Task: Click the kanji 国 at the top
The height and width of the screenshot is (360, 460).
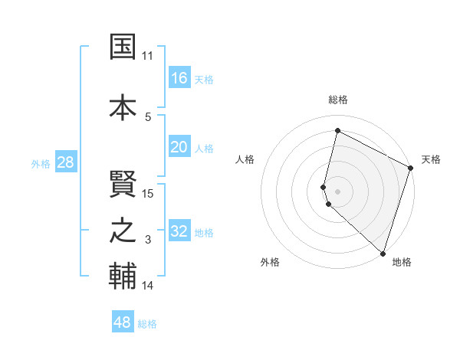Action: (123, 47)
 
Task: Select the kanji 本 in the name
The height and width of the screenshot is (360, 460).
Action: (123, 106)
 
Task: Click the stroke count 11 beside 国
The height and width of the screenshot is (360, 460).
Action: (148, 56)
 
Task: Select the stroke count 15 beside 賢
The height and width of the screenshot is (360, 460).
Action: (148, 194)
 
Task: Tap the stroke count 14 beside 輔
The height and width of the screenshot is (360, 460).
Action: (148, 286)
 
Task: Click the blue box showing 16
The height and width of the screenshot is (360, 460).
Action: (179, 78)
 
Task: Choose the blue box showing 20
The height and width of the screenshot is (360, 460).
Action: (179, 147)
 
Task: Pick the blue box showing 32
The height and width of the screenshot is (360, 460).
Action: (179, 231)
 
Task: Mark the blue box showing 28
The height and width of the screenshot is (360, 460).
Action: (64, 162)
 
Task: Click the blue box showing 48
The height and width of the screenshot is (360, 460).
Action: (123, 322)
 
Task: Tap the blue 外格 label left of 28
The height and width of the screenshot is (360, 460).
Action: (40, 163)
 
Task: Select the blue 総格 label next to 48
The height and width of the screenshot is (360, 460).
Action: (147, 324)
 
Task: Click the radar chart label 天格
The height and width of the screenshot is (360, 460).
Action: (431, 159)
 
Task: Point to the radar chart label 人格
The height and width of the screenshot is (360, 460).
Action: (245, 159)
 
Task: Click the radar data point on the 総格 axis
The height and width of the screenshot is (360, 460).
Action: (337, 130)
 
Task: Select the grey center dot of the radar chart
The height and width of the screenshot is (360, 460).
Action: (337, 190)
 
